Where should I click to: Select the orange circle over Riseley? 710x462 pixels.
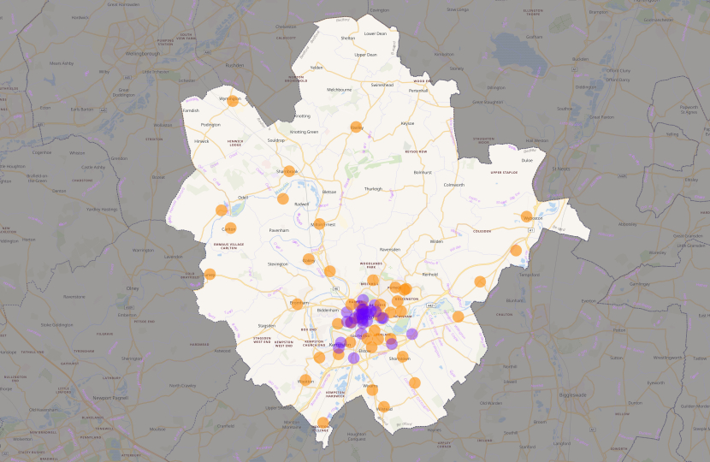357,127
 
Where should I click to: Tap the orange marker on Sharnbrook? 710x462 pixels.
289,171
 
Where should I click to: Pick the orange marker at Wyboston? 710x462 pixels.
526,218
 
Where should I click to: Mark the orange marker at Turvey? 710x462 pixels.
210,275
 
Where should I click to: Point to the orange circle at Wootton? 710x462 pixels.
306,381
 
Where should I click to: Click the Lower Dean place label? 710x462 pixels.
376,33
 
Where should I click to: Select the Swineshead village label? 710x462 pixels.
382,85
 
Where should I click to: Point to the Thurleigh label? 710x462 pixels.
374,188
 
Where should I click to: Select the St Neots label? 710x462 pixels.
561,169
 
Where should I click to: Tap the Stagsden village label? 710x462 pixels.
266,325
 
